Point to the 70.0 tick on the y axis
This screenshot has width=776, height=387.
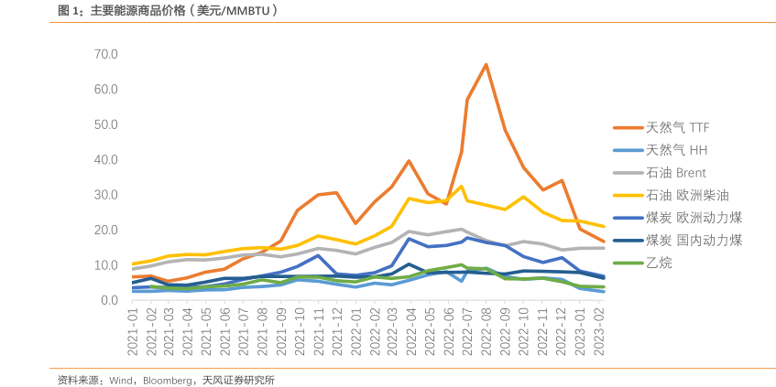(x=105, y=54)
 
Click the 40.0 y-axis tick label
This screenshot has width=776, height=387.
(x=105, y=159)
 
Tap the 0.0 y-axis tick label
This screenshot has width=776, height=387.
(x=109, y=300)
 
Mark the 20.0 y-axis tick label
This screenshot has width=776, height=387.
(x=105, y=230)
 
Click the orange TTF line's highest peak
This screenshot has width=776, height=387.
(x=486, y=64)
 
